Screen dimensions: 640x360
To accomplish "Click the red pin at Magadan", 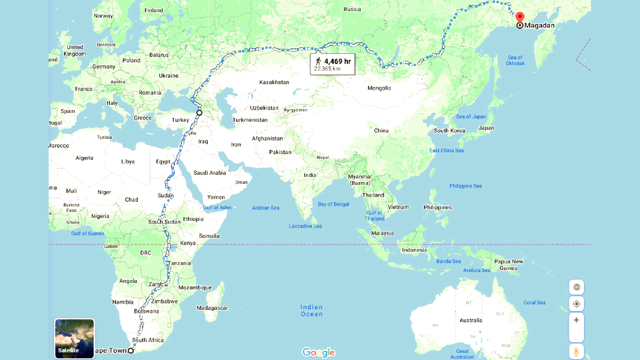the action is pyautogui.click(x=520, y=17).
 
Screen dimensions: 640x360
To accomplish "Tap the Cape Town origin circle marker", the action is pyautogui.click(x=131, y=350).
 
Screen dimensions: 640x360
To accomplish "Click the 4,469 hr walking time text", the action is pyautogui.click(x=337, y=61).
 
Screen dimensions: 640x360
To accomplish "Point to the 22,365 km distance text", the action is pyautogui.click(x=327, y=69).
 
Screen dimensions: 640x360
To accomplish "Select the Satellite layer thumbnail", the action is pyautogui.click(x=74, y=338).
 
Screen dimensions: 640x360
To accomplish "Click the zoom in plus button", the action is pyautogui.click(x=576, y=320).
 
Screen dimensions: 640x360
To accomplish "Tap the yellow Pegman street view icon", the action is pyautogui.click(x=576, y=352).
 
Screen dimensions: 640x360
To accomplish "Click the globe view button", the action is pyautogui.click(x=576, y=287).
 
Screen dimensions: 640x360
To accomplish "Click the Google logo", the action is pyautogui.click(x=318, y=352).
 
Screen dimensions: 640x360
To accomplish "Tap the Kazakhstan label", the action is pyautogui.click(x=274, y=82).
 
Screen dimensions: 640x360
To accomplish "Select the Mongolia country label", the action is pyautogui.click(x=379, y=88).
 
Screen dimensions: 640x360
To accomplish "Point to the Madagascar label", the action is pyautogui.click(x=212, y=308).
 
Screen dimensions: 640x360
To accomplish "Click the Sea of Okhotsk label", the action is pyautogui.click(x=515, y=60).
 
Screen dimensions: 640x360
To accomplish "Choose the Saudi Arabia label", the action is pyautogui.click(x=210, y=173).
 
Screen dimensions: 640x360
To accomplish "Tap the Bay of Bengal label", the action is pyautogui.click(x=333, y=204).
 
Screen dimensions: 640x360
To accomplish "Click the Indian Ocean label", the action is pyautogui.click(x=312, y=311).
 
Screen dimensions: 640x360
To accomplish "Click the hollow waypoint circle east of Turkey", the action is pyautogui.click(x=199, y=113).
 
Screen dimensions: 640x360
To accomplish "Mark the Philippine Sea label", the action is pyautogui.click(x=465, y=186).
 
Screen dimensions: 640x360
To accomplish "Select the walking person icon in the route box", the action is pyautogui.click(x=318, y=61).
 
